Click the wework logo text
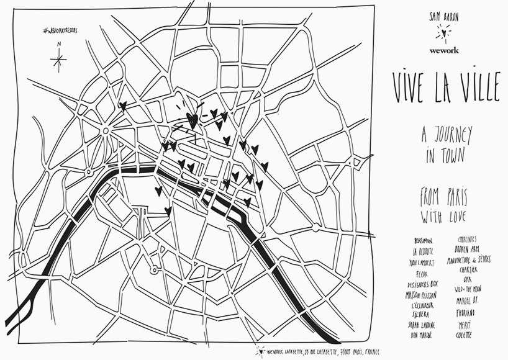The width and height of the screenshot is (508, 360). (444, 50)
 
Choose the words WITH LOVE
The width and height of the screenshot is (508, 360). (444, 217)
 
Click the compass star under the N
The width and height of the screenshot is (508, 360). (58, 60)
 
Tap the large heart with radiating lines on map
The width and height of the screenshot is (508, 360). (192, 119)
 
